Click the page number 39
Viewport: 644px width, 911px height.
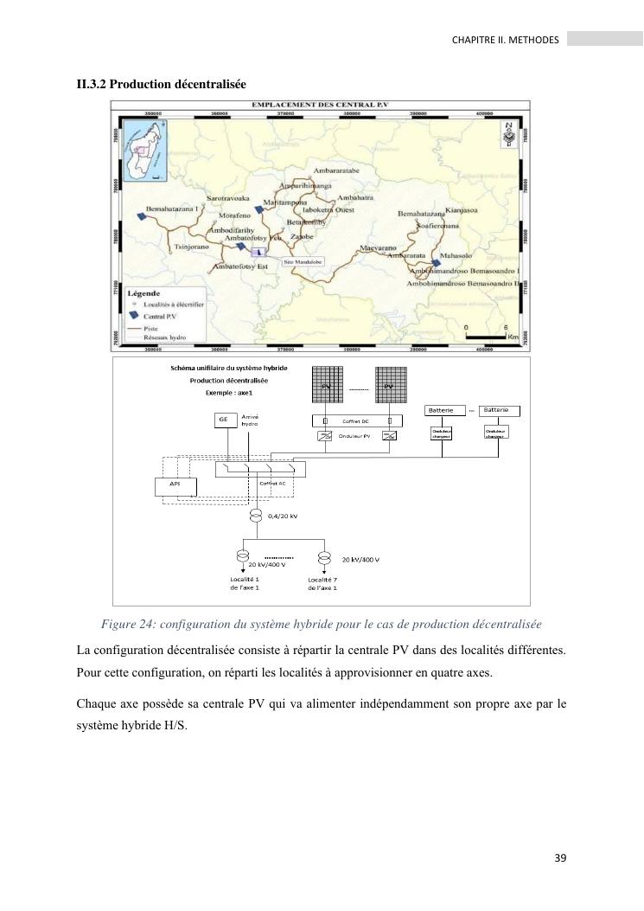click(559, 858)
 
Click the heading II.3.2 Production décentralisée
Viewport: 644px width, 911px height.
click(162, 84)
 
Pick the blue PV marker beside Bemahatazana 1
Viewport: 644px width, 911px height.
click(141, 217)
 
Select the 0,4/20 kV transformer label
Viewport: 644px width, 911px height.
click(283, 516)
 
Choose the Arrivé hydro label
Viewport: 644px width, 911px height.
click(250, 420)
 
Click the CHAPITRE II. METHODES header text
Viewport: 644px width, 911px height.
click(506, 40)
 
